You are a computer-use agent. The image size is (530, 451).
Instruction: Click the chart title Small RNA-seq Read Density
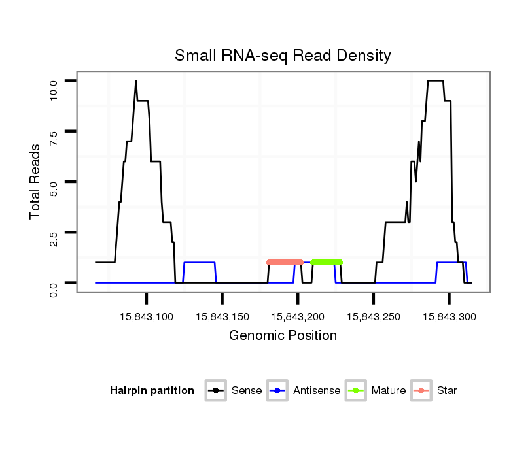[283, 56]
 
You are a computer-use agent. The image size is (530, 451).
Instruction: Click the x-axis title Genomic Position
[283, 336]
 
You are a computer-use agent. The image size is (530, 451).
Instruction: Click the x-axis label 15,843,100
[146, 316]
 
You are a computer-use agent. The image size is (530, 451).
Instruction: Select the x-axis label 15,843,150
[222, 316]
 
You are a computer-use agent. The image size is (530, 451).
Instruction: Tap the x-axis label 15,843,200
[298, 316]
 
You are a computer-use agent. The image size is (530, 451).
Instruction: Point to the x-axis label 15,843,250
[373, 316]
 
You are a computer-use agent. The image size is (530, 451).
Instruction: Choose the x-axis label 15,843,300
[449, 316]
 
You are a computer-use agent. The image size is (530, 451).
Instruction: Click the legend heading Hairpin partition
[152, 391]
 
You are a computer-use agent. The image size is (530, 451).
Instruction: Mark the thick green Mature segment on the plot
[327, 262]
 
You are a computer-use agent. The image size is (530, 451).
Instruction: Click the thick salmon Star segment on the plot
[285, 262]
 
